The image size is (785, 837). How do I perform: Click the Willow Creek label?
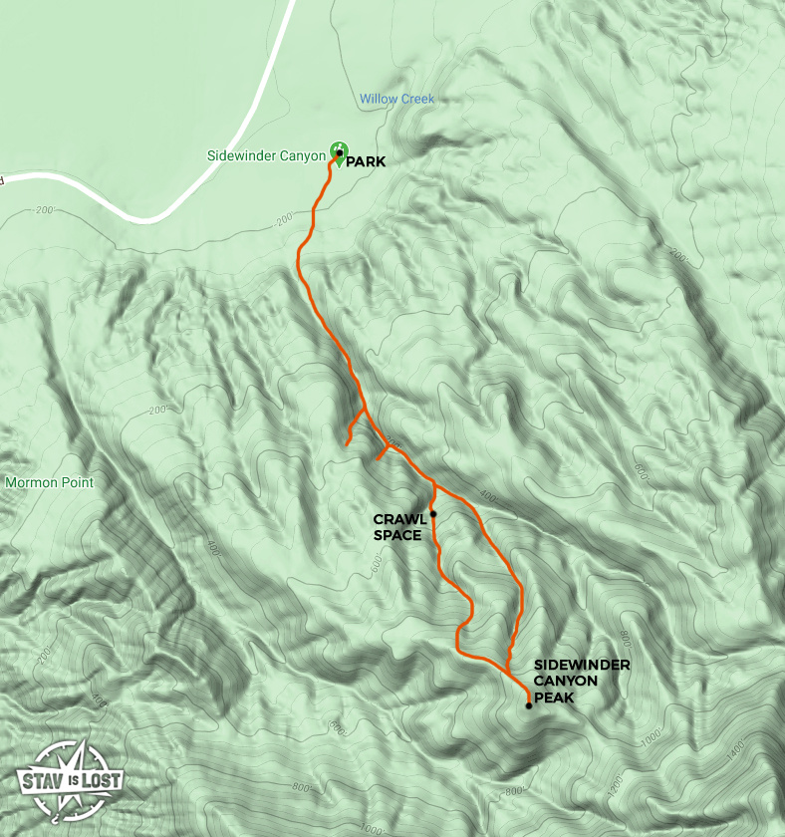(x=397, y=99)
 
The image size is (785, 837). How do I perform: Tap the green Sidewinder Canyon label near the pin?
(x=266, y=155)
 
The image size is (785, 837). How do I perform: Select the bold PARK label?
(x=366, y=161)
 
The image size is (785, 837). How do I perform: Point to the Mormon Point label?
(x=49, y=483)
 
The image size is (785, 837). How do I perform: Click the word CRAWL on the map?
(x=398, y=519)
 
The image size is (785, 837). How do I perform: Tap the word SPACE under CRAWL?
(x=397, y=535)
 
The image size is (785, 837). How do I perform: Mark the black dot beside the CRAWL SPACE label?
(x=433, y=514)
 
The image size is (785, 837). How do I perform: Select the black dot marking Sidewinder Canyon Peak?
(x=528, y=706)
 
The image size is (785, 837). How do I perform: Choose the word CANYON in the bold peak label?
(x=566, y=682)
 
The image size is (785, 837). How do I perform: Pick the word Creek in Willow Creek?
(x=417, y=99)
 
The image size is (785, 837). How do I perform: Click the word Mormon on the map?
(x=29, y=483)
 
